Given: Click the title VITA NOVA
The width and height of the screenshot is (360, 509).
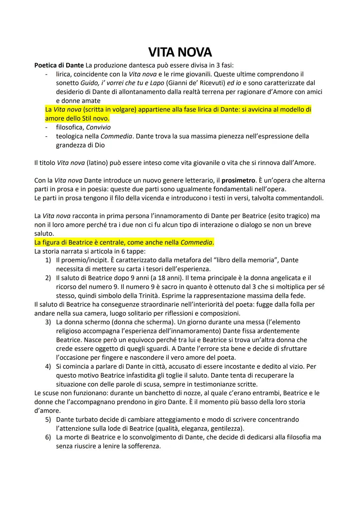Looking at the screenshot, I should pos(180,52).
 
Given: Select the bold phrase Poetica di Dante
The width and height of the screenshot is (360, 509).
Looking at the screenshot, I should pos(59,65).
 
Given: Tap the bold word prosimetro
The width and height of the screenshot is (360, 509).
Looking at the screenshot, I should pos(238,180).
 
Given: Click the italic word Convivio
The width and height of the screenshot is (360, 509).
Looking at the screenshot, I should pos(98,127).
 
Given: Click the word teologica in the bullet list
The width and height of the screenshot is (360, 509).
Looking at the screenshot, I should pos(70,136).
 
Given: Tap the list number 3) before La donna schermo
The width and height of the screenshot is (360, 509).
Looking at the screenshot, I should pos(48,322).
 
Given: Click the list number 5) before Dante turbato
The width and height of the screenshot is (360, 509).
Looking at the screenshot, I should pos(48,419).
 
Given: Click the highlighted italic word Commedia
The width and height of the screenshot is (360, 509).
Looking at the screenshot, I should pos(196,242).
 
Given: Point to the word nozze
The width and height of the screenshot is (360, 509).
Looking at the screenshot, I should pos(168,393).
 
